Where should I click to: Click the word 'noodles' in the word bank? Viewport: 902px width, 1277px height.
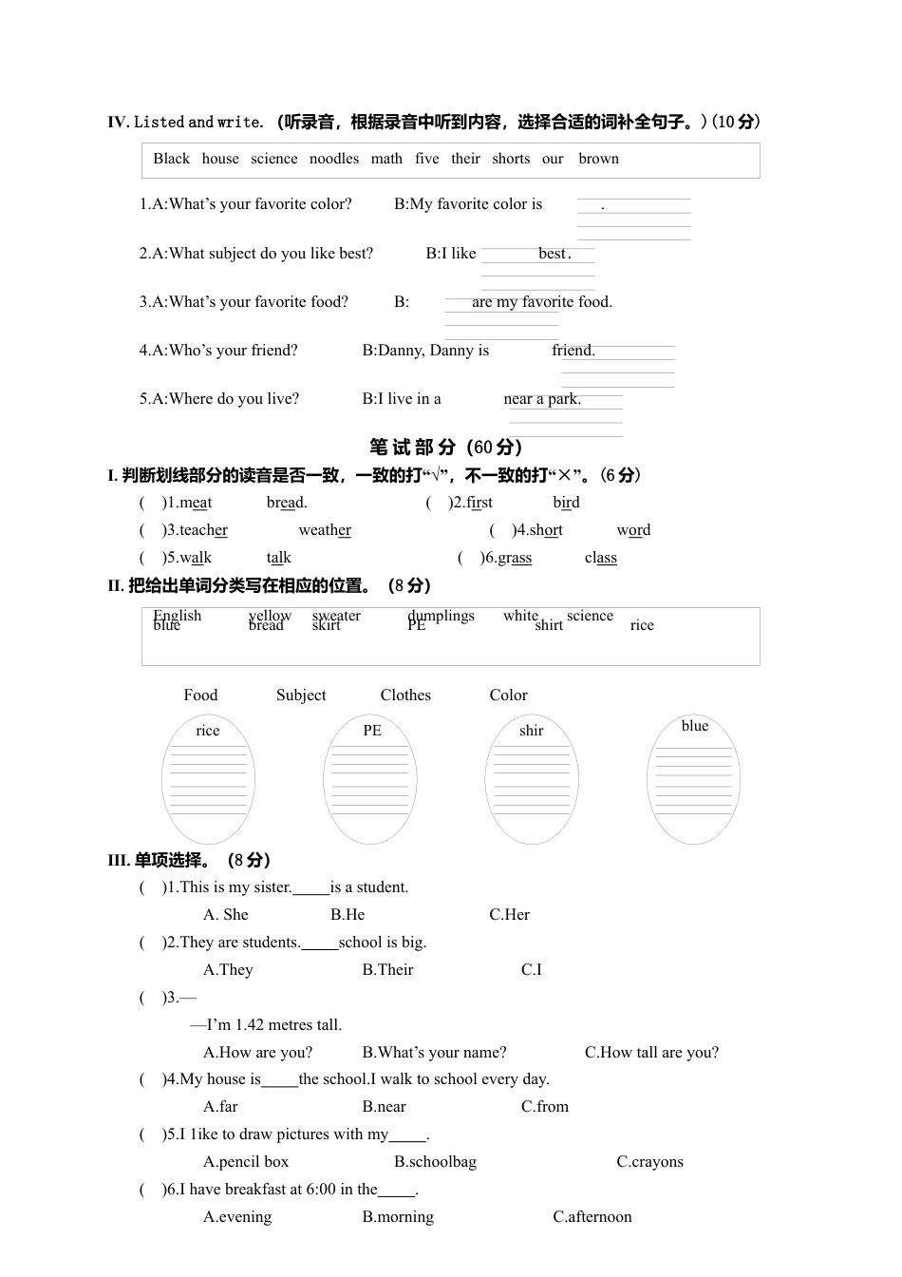coord(334,159)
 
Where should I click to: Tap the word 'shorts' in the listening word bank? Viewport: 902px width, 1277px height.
coord(511,159)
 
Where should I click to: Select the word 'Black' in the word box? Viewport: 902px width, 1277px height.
coord(171,159)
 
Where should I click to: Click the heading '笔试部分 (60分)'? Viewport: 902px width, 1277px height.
coord(445,447)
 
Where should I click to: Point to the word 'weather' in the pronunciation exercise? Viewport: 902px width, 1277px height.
coord(325,530)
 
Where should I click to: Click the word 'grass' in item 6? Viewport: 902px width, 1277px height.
coord(515,558)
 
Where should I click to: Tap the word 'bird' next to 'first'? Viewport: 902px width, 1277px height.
coord(566,503)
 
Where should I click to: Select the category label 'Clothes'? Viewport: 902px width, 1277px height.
coord(405,696)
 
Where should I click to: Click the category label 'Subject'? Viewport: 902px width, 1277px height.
coord(301,696)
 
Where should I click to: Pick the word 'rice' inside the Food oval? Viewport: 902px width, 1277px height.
coord(207,731)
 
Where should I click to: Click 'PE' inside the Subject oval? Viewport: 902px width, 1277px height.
coord(372,731)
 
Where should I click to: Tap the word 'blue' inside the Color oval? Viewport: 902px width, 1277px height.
coord(695,726)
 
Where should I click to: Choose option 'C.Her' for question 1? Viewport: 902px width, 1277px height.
coord(509,915)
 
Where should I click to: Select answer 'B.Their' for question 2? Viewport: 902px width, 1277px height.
coord(387,970)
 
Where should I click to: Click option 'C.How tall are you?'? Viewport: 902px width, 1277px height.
coord(651,1053)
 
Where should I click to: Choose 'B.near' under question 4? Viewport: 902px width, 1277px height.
coord(384,1107)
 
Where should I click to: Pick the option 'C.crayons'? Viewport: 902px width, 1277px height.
coord(649,1162)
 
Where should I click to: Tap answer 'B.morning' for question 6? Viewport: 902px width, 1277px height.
coord(398,1217)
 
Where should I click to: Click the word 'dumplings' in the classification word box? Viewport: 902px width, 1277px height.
coord(442,616)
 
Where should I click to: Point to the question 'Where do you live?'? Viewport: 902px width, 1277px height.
coord(234,399)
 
